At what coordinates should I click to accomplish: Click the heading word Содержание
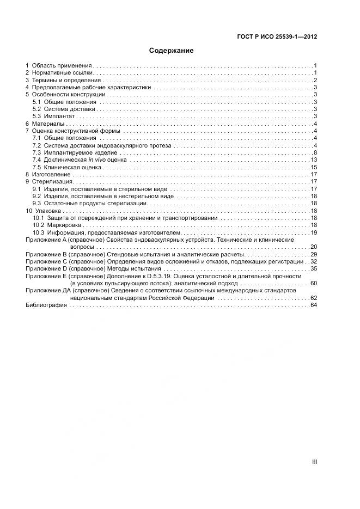click(x=172, y=51)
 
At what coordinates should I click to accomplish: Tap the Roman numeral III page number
click(x=314, y=462)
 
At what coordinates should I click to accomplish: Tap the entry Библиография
click(x=46, y=305)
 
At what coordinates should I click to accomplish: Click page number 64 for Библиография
click(x=314, y=305)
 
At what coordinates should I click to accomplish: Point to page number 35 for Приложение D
click(x=314, y=269)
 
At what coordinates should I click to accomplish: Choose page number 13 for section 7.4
click(x=314, y=160)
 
